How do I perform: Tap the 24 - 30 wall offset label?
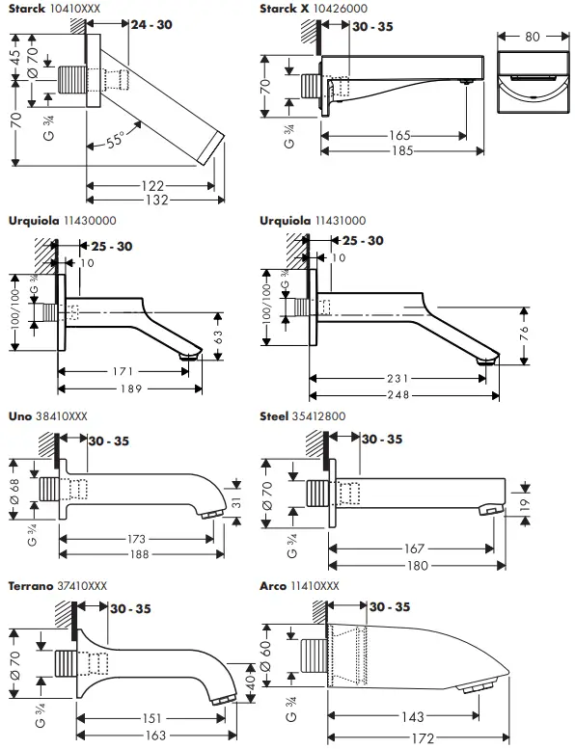(152, 23)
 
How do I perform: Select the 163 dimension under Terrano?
(156, 735)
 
